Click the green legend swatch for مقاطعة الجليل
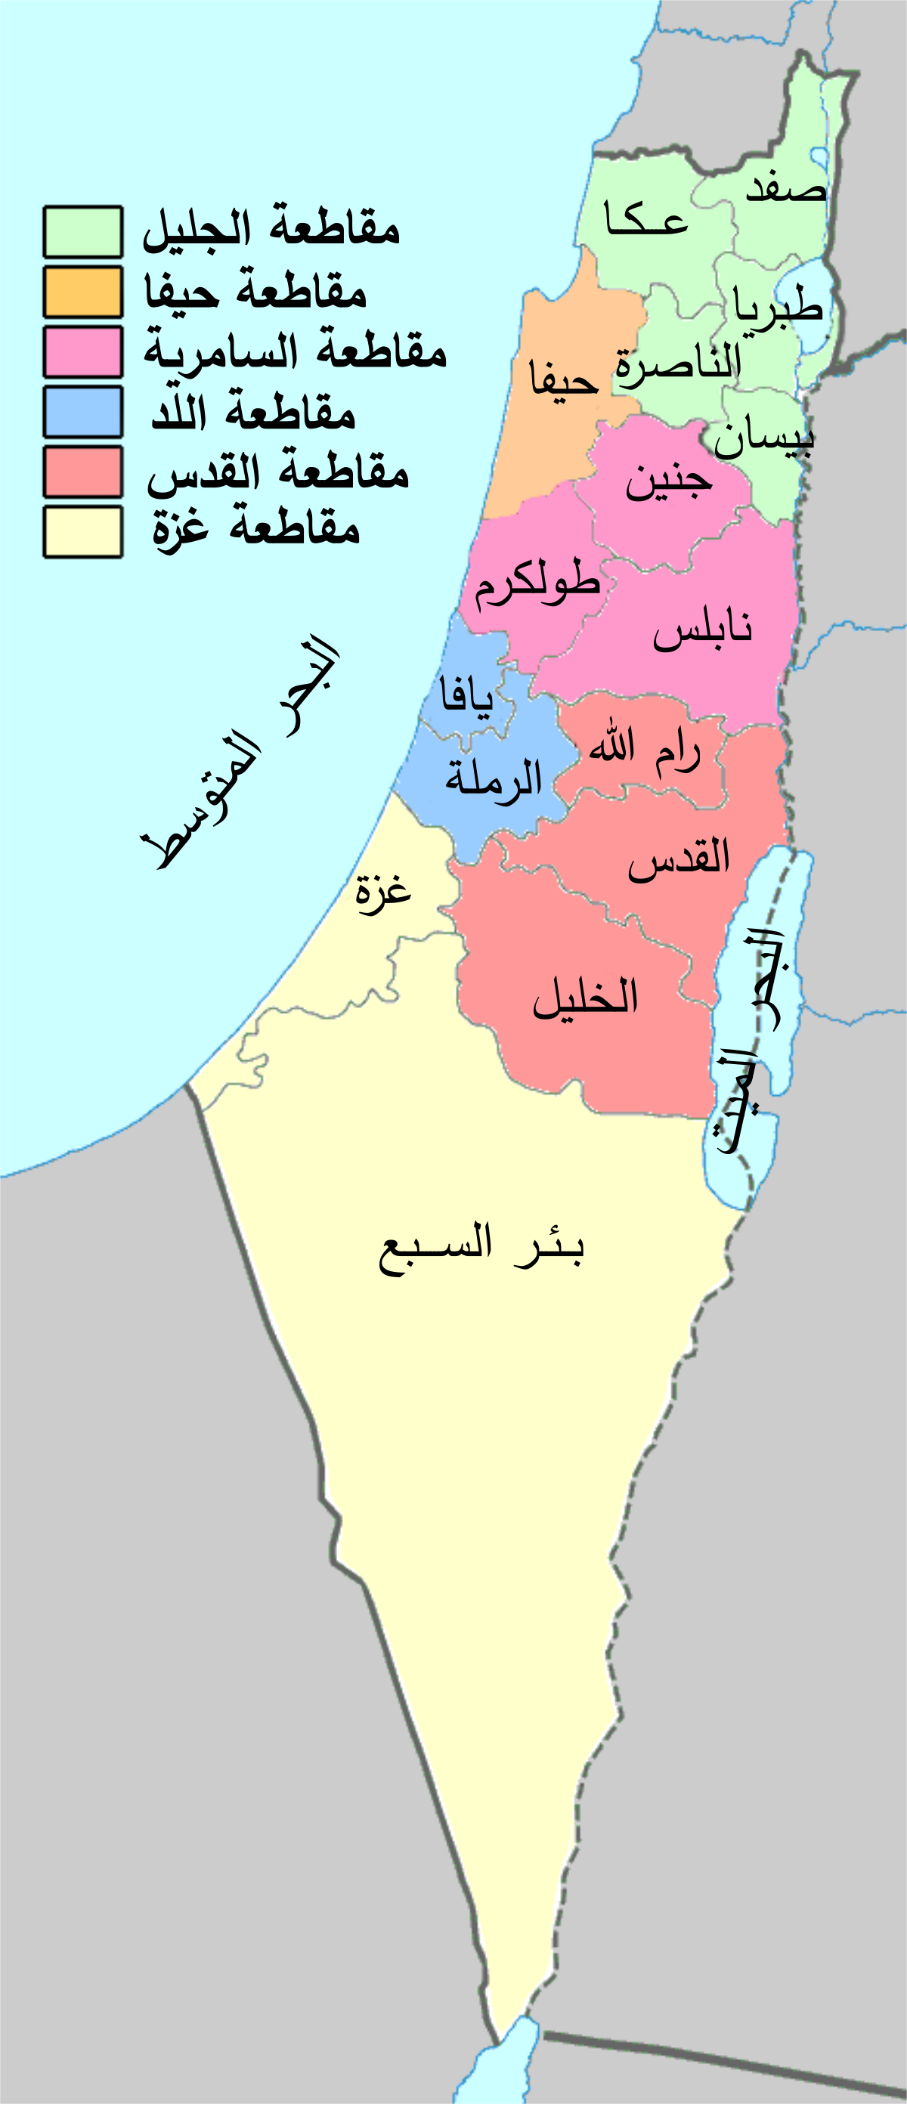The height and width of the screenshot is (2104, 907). point(82,232)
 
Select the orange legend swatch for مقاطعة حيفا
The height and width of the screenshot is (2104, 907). point(82,292)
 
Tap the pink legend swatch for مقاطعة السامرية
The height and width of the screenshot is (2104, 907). point(82,352)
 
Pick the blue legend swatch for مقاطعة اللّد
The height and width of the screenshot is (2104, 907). point(82,412)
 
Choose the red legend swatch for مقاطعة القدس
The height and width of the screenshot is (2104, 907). point(82,472)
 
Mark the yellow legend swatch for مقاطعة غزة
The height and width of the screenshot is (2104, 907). point(82,532)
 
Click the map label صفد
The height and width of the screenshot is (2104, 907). point(786,188)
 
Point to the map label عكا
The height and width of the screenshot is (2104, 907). point(645,220)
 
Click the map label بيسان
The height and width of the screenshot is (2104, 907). point(764,438)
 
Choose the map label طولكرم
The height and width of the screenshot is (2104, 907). point(537,584)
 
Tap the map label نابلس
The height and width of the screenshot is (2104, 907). point(702,630)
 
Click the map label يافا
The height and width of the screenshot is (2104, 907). point(466,697)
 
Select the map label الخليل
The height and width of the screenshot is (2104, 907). point(585,997)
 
